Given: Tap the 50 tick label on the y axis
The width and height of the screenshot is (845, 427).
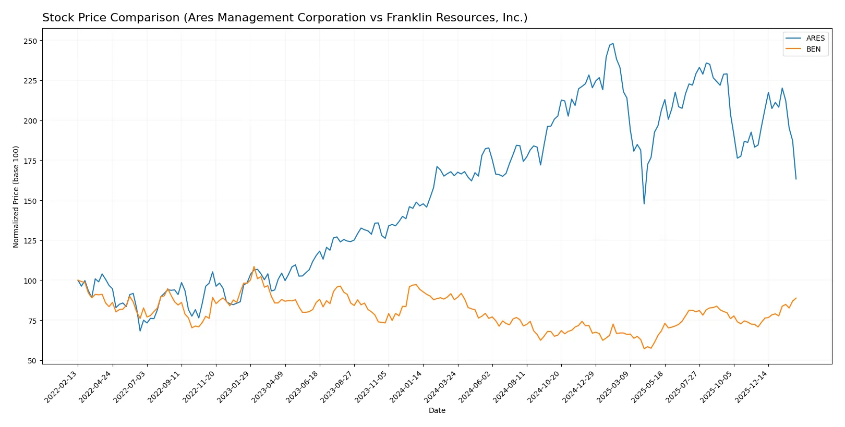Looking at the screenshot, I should (32, 361).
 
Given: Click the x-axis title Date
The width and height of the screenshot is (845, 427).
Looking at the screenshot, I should (437, 410).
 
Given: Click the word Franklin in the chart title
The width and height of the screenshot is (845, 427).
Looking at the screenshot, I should (406, 18).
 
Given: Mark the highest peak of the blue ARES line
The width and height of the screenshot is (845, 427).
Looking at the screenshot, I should (613, 44).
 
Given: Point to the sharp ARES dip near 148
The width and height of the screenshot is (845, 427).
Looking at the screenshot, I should (644, 203).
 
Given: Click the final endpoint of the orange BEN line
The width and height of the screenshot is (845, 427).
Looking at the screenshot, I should (796, 298).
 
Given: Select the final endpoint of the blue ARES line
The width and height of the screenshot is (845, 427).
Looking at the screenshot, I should (796, 179).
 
